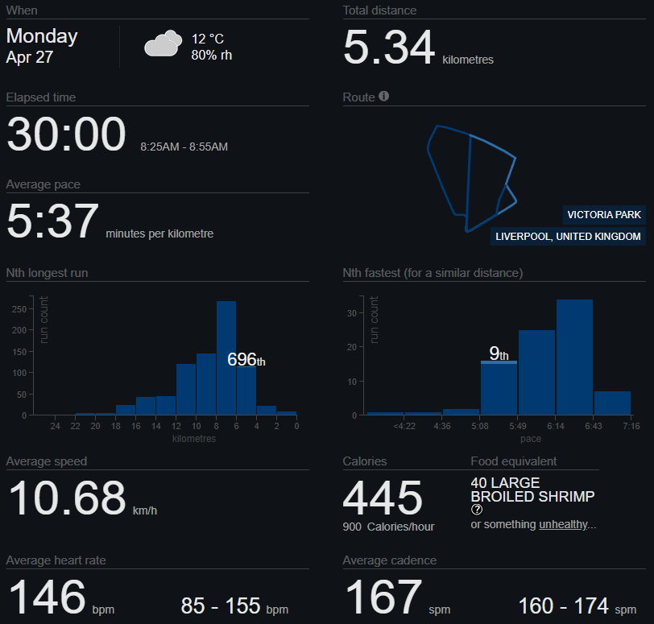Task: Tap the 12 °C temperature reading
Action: click(207, 39)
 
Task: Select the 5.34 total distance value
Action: click(389, 48)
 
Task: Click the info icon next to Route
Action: click(384, 97)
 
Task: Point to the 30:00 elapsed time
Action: click(66, 134)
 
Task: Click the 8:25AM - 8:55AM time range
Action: click(184, 147)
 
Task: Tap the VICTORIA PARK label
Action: click(604, 215)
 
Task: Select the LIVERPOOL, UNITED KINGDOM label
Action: click(569, 237)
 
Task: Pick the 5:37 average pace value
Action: click(52, 221)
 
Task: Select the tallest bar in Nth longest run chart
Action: click(226, 357)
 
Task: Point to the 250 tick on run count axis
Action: click(18, 308)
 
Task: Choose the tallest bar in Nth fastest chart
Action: click(574, 357)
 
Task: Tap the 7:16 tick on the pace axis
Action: click(631, 426)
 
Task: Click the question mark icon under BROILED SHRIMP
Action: click(477, 510)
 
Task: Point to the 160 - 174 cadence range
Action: click(564, 605)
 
